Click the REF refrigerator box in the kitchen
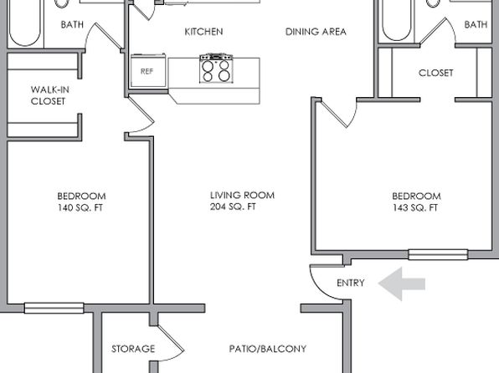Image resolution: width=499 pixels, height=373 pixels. pyautogui.click(x=148, y=71)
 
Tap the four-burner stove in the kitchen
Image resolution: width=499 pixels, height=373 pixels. pyautogui.click(x=216, y=69)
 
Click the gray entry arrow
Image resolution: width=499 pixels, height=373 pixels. pyautogui.click(x=402, y=284)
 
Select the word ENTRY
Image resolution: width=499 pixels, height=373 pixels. pyautogui.click(x=350, y=283)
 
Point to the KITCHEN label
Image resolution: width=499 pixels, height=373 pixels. pyautogui.click(x=203, y=32)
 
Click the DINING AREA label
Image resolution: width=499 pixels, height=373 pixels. pyautogui.click(x=316, y=32)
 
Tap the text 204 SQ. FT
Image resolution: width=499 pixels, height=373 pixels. pyautogui.click(x=233, y=207)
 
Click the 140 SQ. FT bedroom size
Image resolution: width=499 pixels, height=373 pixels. pyautogui.click(x=80, y=207)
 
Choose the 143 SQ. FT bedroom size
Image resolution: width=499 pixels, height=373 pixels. pyautogui.click(x=415, y=207)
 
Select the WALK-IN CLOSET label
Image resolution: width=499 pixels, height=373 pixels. pyautogui.click(x=50, y=95)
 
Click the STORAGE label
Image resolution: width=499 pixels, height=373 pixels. pyautogui.click(x=133, y=349)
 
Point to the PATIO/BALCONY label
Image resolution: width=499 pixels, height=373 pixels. pyautogui.click(x=268, y=349)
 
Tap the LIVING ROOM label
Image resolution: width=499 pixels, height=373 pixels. pyautogui.click(x=242, y=195)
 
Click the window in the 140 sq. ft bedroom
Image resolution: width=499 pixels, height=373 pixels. pyautogui.click(x=54, y=308)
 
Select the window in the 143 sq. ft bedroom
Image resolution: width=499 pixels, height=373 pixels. pyautogui.click(x=438, y=254)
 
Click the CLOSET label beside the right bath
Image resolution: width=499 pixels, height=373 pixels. pyautogui.click(x=435, y=73)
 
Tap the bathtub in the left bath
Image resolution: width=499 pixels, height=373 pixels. pyautogui.click(x=25, y=23)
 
